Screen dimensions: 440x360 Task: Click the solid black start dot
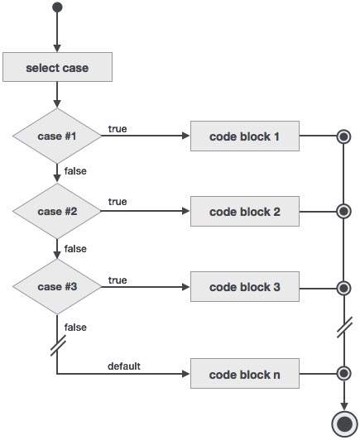pyautogui.click(x=56, y=8)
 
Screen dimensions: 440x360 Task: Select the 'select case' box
pyautogui.click(x=57, y=68)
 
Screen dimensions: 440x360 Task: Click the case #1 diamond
pyautogui.click(x=57, y=136)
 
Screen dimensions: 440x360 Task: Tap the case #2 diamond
pyautogui.click(x=57, y=212)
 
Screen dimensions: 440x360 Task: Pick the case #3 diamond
pyautogui.click(x=57, y=287)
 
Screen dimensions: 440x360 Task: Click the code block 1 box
pyautogui.click(x=244, y=136)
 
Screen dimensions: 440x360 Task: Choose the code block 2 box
pyautogui.click(x=244, y=212)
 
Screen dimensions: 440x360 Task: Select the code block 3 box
pyautogui.click(x=244, y=287)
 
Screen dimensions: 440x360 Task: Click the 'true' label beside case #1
pyautogui.click(x=118, y=128)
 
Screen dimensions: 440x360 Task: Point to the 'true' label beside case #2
pyautogui.click(x=118, y=203)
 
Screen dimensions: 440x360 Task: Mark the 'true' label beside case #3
pyautogui.click(x=118, y=280)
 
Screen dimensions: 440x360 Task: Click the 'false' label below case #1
pyautogui.click(x=74, y=171)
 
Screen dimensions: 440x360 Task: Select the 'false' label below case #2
pyautogui.click(x=74, y=248)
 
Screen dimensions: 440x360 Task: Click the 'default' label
pyautogui.click(x=123, y=365)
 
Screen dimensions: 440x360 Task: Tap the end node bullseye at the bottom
pyautogui.click(x=343, y=423)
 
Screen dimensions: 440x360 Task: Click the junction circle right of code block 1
pyautogui.click(x=343, y=136)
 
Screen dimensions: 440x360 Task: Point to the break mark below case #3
pyautogui.click(x=57, y=347)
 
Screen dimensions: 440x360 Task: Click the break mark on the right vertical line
pyautogui.click(x=343, y=329)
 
